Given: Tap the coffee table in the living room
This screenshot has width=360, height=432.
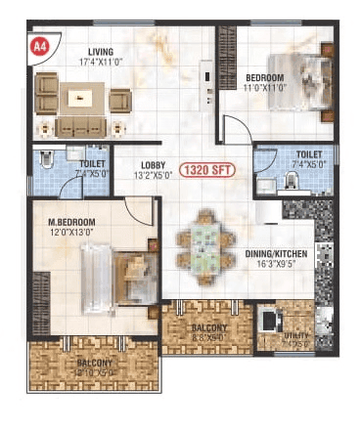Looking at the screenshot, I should (x=81, y=98).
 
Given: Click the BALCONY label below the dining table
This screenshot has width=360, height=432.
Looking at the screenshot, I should (x=209, y=327).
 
